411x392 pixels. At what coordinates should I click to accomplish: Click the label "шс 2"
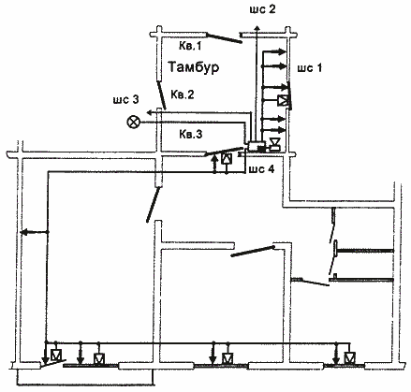coord(262,9)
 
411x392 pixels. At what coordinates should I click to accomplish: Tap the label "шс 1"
coord(310,67)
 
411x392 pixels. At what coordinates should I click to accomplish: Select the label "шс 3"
coord(126,99)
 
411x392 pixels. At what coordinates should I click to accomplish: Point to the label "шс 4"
coord(261,169)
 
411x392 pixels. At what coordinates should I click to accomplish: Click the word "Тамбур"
coord(194,66)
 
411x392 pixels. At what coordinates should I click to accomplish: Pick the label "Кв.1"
coord(190,46)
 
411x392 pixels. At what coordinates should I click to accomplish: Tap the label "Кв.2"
coord(183,94)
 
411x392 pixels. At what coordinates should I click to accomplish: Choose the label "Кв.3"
coord(191,134)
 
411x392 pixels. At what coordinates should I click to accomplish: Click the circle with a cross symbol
coord(133,122)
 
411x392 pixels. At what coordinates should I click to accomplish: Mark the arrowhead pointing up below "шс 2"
coord(257,28)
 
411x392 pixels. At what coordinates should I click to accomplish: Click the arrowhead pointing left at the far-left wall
coord(23,232)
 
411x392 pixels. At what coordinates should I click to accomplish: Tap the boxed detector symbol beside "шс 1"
coord(283,101)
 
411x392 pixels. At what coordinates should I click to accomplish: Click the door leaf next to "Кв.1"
coord(224,37)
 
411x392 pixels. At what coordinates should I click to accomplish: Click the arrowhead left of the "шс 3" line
coord(150,112)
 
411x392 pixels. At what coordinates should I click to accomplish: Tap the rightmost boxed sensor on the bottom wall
coord(349,357)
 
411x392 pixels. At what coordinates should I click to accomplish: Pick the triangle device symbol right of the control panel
coord(274,144)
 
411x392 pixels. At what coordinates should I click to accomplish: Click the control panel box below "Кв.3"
coord(256,146)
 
